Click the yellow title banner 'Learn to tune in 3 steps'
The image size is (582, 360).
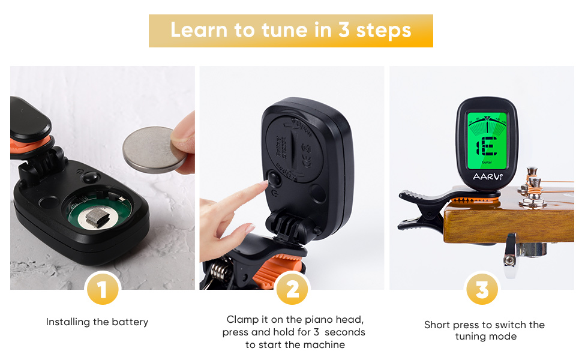[290, 31]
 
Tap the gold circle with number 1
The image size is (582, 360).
[102, 290]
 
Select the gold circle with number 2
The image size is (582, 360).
[292, 290]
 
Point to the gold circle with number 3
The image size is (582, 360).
[482, 290]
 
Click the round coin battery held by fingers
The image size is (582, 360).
[150, 150]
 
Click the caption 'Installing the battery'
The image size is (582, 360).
[97, 322]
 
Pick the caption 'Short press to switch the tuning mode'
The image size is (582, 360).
[484, 331]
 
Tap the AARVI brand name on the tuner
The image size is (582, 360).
[487, 177]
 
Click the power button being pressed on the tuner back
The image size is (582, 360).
[274, 178]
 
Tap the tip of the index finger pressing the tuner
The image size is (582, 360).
[262, 186]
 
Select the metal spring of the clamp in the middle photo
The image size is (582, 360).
[221, 274]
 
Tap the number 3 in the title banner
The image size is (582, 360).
[343, 31]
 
